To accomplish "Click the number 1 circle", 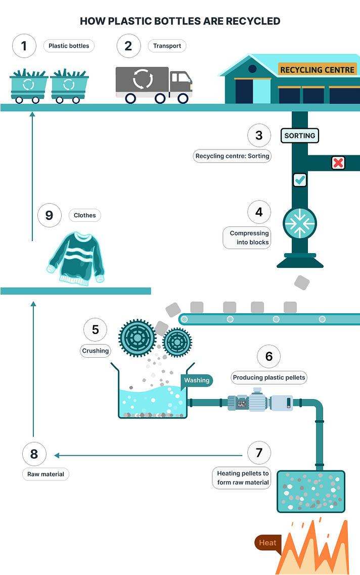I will tap(24, 46).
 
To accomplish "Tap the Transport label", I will tap(167, 46).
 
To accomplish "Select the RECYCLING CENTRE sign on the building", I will tap(317, 70).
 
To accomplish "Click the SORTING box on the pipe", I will tap(300, 135).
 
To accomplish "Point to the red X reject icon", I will tap(338, 163).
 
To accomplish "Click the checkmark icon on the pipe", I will tap(300, 179).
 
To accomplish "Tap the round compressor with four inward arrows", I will tap(300, 223).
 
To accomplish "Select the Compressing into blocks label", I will tap(247, 237).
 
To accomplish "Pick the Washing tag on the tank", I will tap(196, 380).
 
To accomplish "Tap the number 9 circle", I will tap(49, 215).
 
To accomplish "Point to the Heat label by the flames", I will tap(267, 543).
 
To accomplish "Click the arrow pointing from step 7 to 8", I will tap(152, 455).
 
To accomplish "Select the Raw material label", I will tap(46, 474).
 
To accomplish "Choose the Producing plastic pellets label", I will tap(269, 377).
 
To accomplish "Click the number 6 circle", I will tap(269, 357).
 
